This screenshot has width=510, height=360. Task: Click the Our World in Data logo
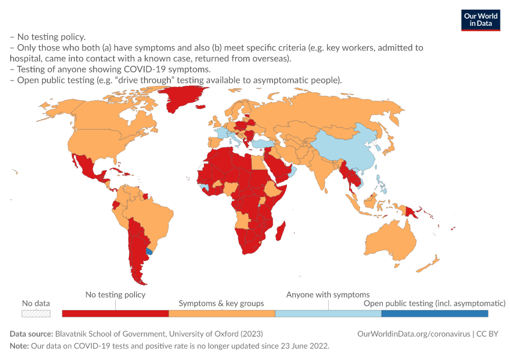tap(481, 20)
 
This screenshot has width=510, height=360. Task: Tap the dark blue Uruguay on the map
tap(149, 251)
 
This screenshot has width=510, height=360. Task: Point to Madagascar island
tap(281, 231)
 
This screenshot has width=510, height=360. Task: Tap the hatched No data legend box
tap(36, 313)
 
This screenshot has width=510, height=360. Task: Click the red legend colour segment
tap(115, 313)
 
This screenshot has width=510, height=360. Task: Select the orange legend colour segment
tap(222, 313)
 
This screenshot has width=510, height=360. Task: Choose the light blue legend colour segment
tap(328, 313)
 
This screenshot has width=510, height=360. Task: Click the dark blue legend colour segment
tap(435, 313)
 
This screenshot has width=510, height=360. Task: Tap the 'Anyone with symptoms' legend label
tap(328, 295)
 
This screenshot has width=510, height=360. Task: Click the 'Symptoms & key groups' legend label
tap(221, 304)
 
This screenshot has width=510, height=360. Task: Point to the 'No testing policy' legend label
tap(115, 295)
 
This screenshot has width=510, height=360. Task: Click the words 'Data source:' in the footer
tap(31, 334)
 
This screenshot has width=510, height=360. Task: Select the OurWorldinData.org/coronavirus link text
tap(414, 334)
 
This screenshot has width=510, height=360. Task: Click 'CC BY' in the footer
tap(487, 334)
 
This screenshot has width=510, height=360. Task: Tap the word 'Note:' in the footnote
tap(19, 346)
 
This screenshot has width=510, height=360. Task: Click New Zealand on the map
tap(428, 264)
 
